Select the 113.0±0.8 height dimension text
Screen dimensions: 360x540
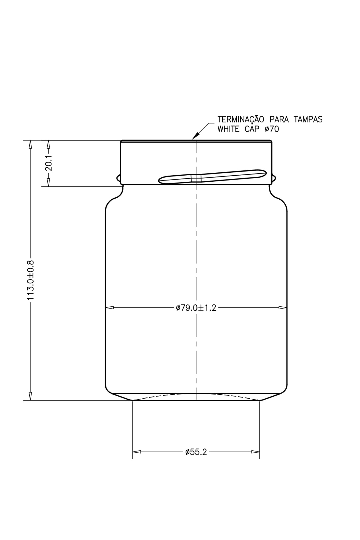point(31,280)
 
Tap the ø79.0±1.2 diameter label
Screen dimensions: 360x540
point(196,308)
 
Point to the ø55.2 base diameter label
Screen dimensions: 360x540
point(196,452)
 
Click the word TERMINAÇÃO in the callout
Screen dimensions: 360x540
point(241,119)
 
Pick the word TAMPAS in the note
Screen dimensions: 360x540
point(308,119)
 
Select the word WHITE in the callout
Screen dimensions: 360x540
point(229,129)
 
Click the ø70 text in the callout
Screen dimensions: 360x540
point(272,129)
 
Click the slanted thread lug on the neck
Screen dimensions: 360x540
point(212,177)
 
